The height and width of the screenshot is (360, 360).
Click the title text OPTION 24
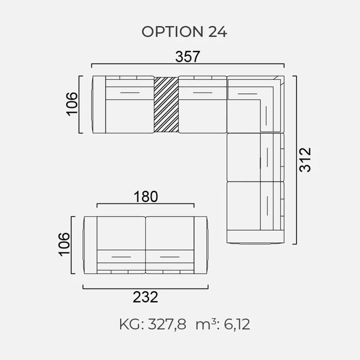(184, 31)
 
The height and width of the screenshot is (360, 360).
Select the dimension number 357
(187, 56)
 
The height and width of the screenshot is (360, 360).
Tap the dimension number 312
(305, 159)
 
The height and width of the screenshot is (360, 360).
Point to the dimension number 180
(146, 197)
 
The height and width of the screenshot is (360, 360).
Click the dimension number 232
(145, 297)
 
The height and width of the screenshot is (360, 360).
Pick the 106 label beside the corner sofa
(72, 103)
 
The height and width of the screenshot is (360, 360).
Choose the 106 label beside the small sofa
(64, 244)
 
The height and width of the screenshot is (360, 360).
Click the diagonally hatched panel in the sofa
(166, 104)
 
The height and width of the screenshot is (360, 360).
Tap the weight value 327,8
(167, 324)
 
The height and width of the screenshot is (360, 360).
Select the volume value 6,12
(236, 324)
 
